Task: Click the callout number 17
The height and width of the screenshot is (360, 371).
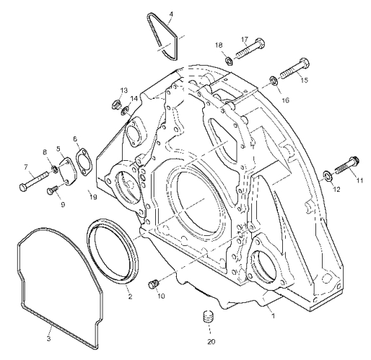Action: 245,39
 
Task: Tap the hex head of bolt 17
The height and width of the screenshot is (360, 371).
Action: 260,43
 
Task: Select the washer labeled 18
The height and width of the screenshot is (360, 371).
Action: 228,61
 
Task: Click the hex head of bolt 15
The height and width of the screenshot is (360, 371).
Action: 305,63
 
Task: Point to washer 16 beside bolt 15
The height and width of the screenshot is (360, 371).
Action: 274,80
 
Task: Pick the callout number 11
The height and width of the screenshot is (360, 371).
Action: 359,180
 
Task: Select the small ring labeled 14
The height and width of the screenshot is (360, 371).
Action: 125,111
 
